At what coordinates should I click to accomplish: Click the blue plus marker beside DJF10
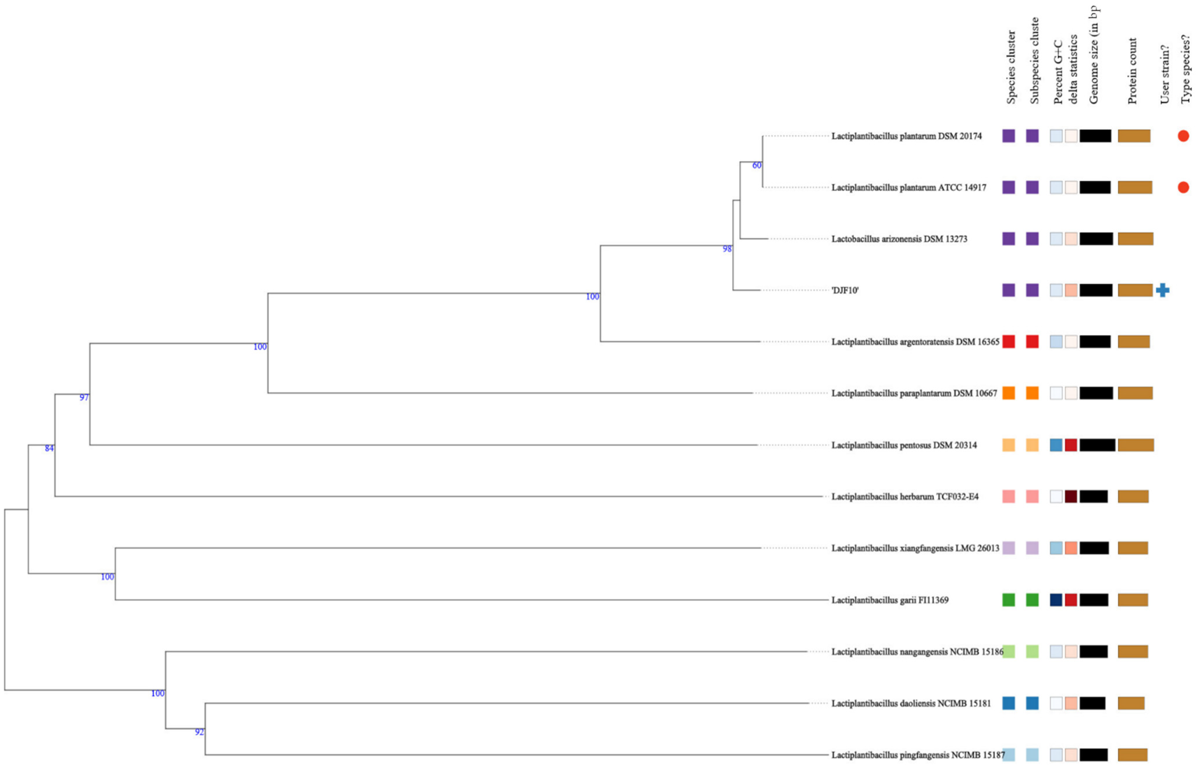coord(1162,290)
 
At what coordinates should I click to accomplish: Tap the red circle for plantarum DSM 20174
coord(1183,136)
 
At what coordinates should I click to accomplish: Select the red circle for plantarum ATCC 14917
coord(1183,187)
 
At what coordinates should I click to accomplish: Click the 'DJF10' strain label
coord(845,290)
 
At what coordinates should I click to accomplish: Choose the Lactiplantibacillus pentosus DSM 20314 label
coord(904,445)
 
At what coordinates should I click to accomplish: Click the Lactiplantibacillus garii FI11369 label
coord(890,600)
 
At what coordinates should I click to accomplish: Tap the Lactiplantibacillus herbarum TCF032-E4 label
coord(905,496)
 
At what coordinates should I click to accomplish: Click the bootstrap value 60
coord(756,165)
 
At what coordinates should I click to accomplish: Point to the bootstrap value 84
coord(49,448)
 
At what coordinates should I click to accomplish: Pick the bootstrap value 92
coord(199,732)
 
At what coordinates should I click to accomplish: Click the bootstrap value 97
coord(84,397)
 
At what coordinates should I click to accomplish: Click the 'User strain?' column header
coord(1164,75)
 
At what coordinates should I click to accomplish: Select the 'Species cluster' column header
coord(1011,67)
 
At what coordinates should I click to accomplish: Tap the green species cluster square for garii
coord(1008,600)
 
